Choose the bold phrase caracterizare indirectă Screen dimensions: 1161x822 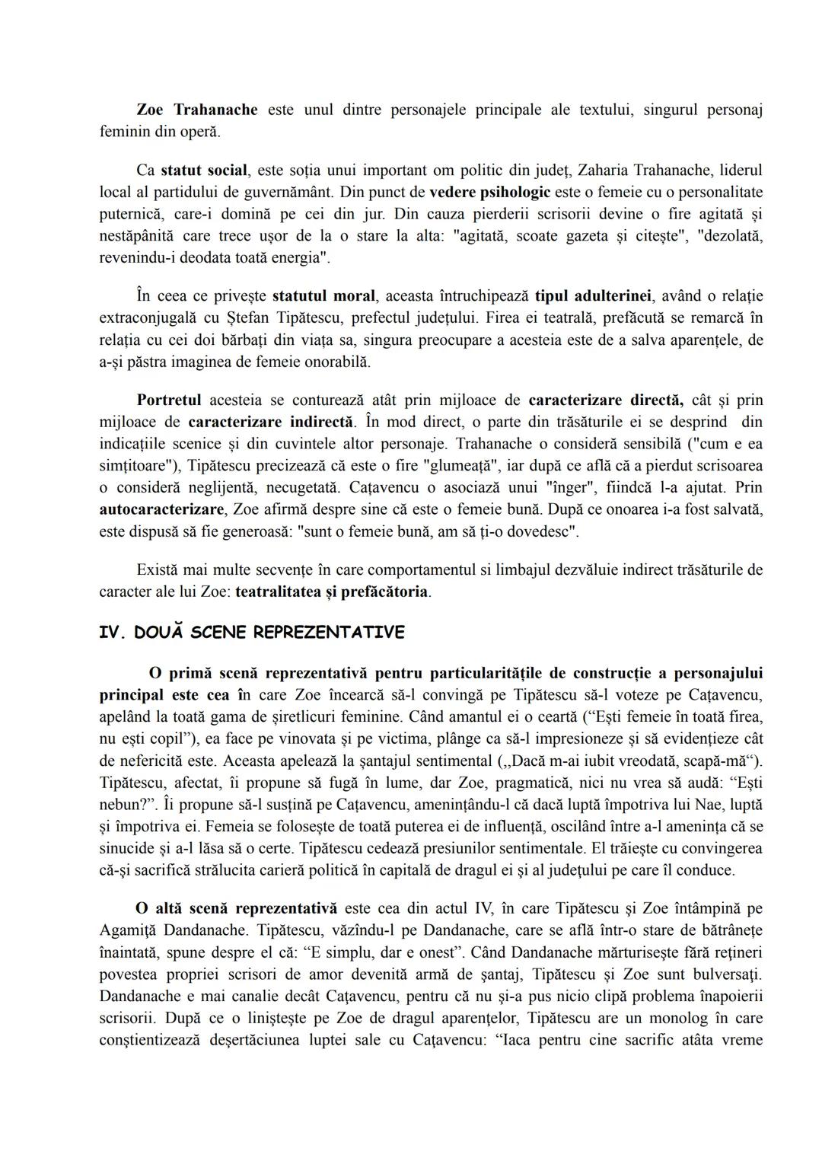pyautogui.click(x=271, y=422)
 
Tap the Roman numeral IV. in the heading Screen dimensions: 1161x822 pyautogui.click(x=113, y=633)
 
